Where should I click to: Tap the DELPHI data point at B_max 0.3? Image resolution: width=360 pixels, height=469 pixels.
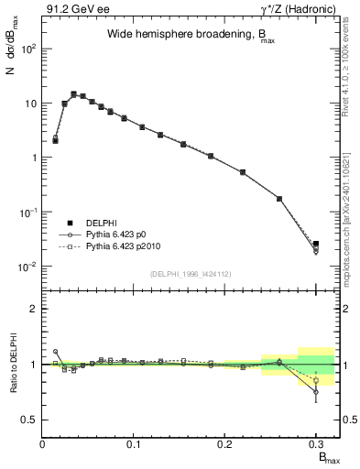coord(316,244)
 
